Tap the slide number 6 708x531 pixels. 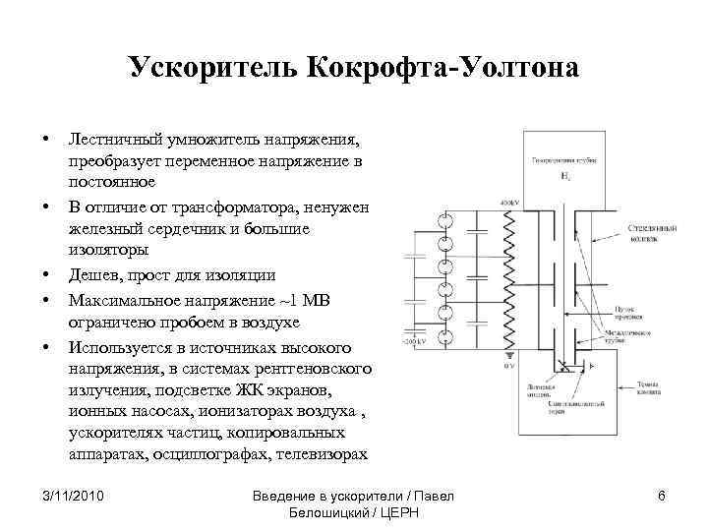[x=662, y=496]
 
